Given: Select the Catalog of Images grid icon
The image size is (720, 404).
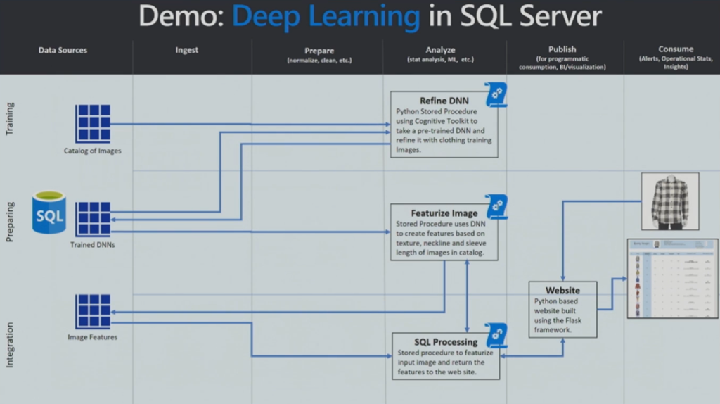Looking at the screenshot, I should tap(93, 124).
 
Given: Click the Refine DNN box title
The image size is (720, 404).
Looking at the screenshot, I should tap(444, 101).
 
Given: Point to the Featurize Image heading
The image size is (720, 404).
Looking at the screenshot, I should tap(444, 213).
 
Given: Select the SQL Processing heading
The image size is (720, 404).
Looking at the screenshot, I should tap(446, 342).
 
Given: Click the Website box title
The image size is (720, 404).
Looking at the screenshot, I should tap(562, 290).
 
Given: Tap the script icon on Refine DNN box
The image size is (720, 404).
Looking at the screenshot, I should tap(496, 94).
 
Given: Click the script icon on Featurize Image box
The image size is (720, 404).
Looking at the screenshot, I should tap(496, 206).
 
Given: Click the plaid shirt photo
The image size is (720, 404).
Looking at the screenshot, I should tap(669, 201).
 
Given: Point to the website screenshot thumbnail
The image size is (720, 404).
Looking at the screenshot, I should tap(672, 279).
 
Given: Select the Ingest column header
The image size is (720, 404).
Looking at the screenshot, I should tap(187, 50).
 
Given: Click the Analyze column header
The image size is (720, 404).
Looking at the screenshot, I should tap(440, 50).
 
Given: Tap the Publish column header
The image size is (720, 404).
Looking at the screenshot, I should tap(562, 50).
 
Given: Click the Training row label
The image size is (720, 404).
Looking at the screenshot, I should tap(10, 119).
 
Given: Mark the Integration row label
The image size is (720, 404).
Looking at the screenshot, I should tap(10, 345).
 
